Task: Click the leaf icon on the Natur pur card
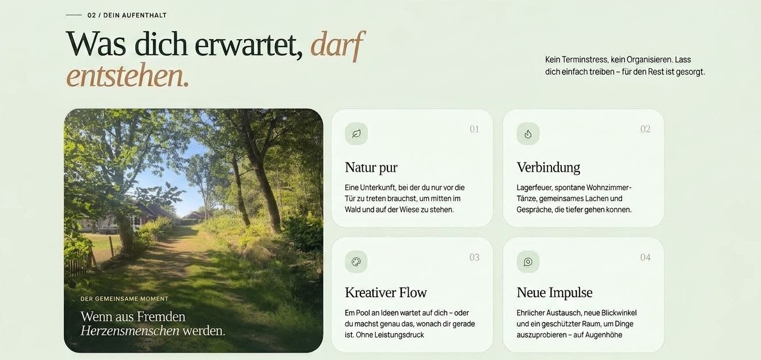pos(356,134)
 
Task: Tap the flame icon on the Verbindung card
pos(528,134)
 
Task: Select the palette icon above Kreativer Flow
pos(356,262)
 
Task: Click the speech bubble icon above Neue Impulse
pos(528,262)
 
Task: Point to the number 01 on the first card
pos(474,129)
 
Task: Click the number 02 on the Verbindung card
pos(645,129)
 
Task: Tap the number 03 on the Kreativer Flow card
pos(474,257)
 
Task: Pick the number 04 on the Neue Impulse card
pos(645,257)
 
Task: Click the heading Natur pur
pos(371,168)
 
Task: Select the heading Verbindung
pos(549,168)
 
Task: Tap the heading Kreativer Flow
pos(386,293)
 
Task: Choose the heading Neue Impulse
pos(554,293)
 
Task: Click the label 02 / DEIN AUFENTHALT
pos(127,16)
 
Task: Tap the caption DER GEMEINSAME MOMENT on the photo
pos(124,299)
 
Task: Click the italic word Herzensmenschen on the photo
pos(130,331)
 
